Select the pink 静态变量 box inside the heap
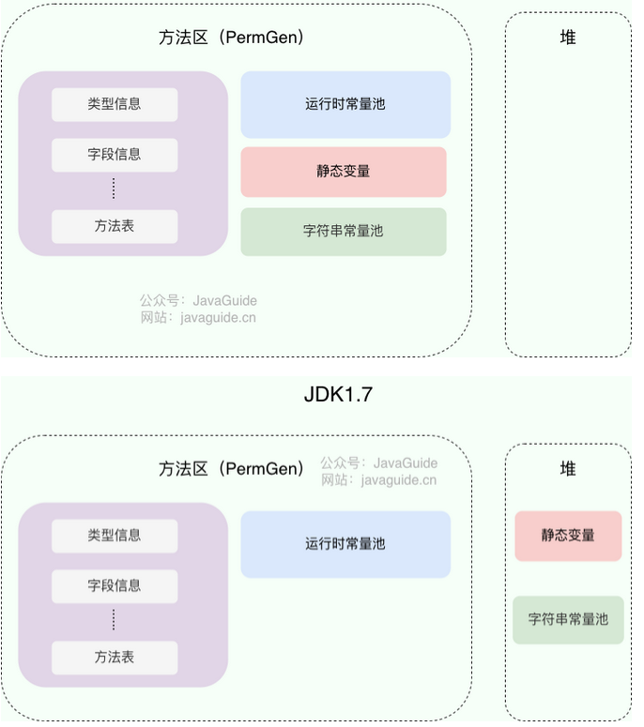pos(568,536)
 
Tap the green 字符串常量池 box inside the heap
pos(568,619)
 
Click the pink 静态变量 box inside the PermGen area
pos(344,172)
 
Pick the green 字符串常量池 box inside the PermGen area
pos(344,231)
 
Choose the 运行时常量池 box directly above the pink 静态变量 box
pos(345,104)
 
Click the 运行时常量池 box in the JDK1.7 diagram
pos(345,544)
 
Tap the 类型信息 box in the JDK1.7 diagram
pos(115,536)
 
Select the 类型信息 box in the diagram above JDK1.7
pos(115,104)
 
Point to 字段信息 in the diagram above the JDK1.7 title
pos(115,155)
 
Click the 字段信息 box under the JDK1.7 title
pos(115,586)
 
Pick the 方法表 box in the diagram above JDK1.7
pos(115,226)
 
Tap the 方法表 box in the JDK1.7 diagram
pos(115,658)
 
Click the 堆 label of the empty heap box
pos(568,38)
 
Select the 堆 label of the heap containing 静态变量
pos(568,469)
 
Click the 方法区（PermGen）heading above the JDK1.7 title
pos(231,38)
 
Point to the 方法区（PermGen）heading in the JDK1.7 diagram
pos(231,469)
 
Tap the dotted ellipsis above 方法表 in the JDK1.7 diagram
pos(114,620)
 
